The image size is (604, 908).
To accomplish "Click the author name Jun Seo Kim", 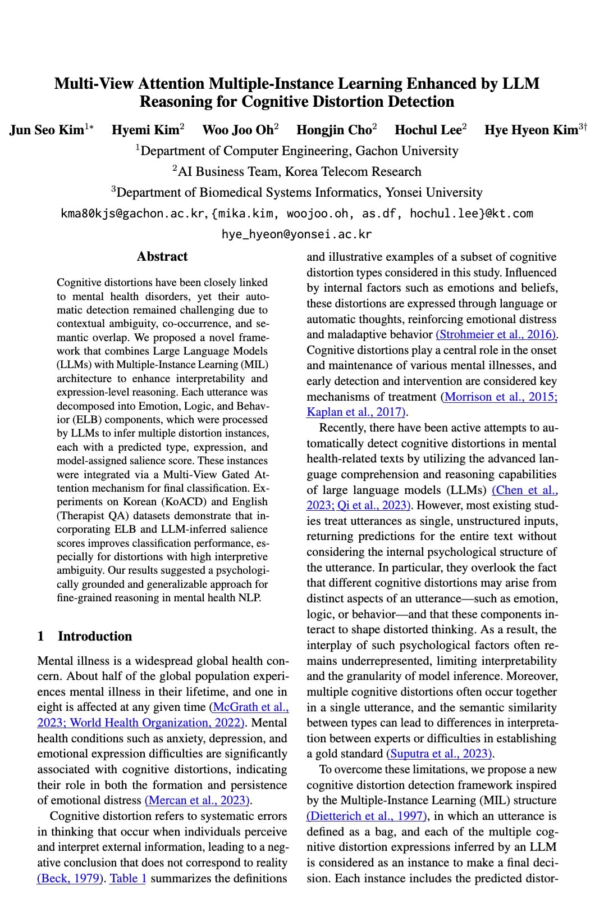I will tap(47, 130).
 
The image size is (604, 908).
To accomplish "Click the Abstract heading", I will tap(162, 257).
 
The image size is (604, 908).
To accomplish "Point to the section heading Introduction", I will tap(95, 636).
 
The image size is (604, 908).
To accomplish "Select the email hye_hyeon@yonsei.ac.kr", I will tap(296, 234).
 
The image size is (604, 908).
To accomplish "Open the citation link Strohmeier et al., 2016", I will tap(496, 334).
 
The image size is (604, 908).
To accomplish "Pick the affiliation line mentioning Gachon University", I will tap(296, 151).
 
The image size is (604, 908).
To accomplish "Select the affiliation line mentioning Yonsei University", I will tap(296, 193).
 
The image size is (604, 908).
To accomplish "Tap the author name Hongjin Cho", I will tap(334, 130).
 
